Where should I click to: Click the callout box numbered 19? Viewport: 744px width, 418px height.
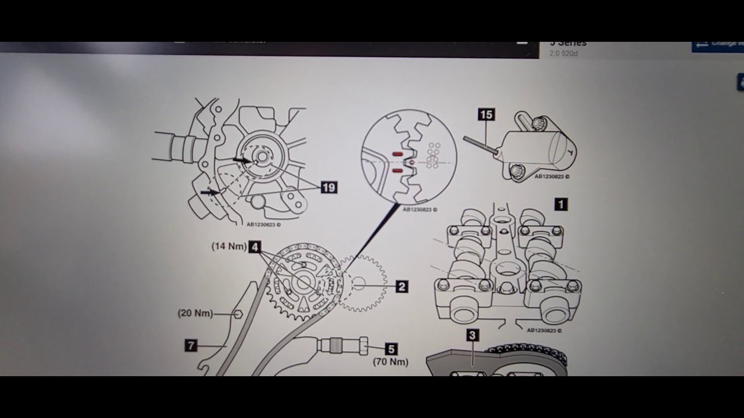point(328,188)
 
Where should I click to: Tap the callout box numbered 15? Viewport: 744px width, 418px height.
point(486,115)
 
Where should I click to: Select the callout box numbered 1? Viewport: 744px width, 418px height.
point(560,204)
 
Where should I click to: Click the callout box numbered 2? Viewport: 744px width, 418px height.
point(401,286)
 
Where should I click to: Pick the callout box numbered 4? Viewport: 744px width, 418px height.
point(255,247)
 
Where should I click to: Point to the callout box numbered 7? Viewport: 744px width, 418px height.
point(191,346)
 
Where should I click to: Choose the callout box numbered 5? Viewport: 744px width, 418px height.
point(391,349)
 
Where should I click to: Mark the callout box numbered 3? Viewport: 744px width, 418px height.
point(472,335)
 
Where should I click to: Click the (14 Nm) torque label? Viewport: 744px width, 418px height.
point(229,247)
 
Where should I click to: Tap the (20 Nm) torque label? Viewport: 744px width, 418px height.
point(195,313)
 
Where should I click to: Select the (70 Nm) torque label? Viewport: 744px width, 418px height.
point(391,362)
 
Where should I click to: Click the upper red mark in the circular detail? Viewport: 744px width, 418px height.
point(398,154)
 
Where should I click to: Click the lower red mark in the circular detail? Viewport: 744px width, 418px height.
point(398,171)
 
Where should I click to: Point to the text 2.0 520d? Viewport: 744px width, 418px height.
point(564,54)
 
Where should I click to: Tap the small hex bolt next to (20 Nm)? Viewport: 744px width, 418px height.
point(237,314)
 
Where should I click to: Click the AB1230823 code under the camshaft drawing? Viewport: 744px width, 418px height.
point(545,330)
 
